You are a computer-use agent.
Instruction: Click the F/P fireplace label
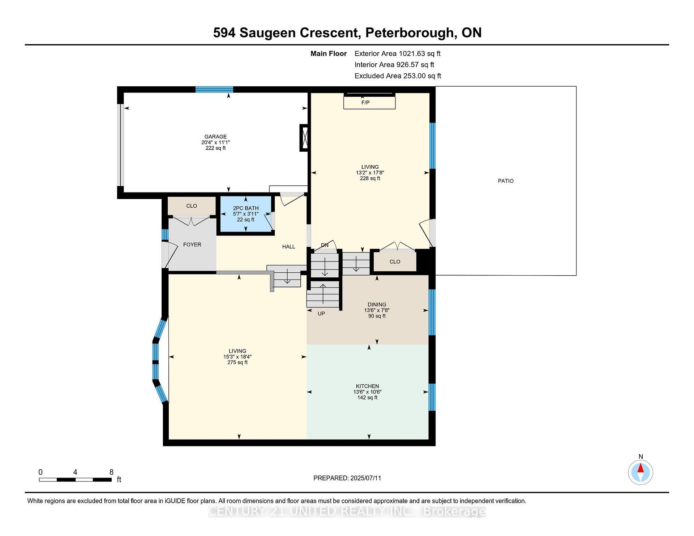tap(365, 103)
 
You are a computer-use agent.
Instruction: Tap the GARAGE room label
tap(215, 137)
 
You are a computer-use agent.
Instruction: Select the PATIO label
tap(505, 181)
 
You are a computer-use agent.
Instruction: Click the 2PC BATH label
tap(246, 208)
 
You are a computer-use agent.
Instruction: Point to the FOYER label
tap(192, 245)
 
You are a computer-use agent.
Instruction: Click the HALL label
tap(288, 247)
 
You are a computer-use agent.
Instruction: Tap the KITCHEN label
tap(367, 386)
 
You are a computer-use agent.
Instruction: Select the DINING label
tap(377, 304)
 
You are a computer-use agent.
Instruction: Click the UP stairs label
tap(321, 314)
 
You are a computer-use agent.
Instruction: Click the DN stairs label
tap(325, 245)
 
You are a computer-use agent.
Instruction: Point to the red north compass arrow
tap(641, 468)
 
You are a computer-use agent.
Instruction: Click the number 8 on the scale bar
tap(112, 472)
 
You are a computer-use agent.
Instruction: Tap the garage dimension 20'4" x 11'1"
tap(215, 142)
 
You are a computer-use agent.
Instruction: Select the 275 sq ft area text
tap(237, 362)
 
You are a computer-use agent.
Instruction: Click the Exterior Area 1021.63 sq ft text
tap(397, 53)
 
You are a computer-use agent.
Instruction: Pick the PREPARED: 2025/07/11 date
tap(347, 478)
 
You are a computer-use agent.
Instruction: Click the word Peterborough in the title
tap(409, 33)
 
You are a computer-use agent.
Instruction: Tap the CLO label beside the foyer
tap(192, 206)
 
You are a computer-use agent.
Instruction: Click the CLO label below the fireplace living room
tap(395, 261)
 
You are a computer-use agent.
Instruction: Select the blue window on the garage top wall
tap(214, 90)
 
